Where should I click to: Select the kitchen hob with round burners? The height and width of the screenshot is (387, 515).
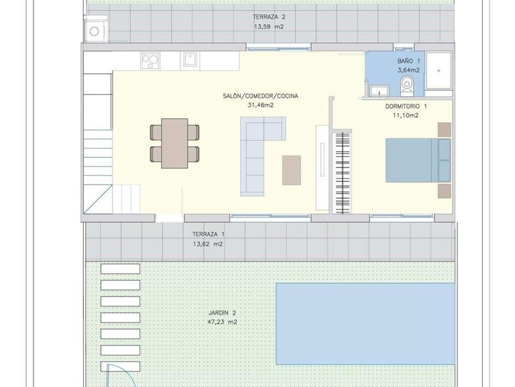(151, 60)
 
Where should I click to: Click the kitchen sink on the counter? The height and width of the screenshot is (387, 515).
(190, 60)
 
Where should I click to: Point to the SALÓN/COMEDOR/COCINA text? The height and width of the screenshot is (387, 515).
(260, 96)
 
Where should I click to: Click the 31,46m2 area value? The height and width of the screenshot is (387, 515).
(260, 105)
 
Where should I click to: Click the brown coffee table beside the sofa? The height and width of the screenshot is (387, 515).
(292, 169)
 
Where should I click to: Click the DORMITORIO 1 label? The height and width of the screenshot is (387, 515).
(406, 106)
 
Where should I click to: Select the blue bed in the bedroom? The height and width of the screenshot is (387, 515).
(416, 160)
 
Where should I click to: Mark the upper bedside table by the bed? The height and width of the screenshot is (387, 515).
(445, 129)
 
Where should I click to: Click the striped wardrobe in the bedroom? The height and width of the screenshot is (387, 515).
(342, 171)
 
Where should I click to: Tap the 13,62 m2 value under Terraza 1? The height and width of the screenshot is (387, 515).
(209, 244)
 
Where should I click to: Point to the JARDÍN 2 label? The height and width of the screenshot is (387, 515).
(222, 313)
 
